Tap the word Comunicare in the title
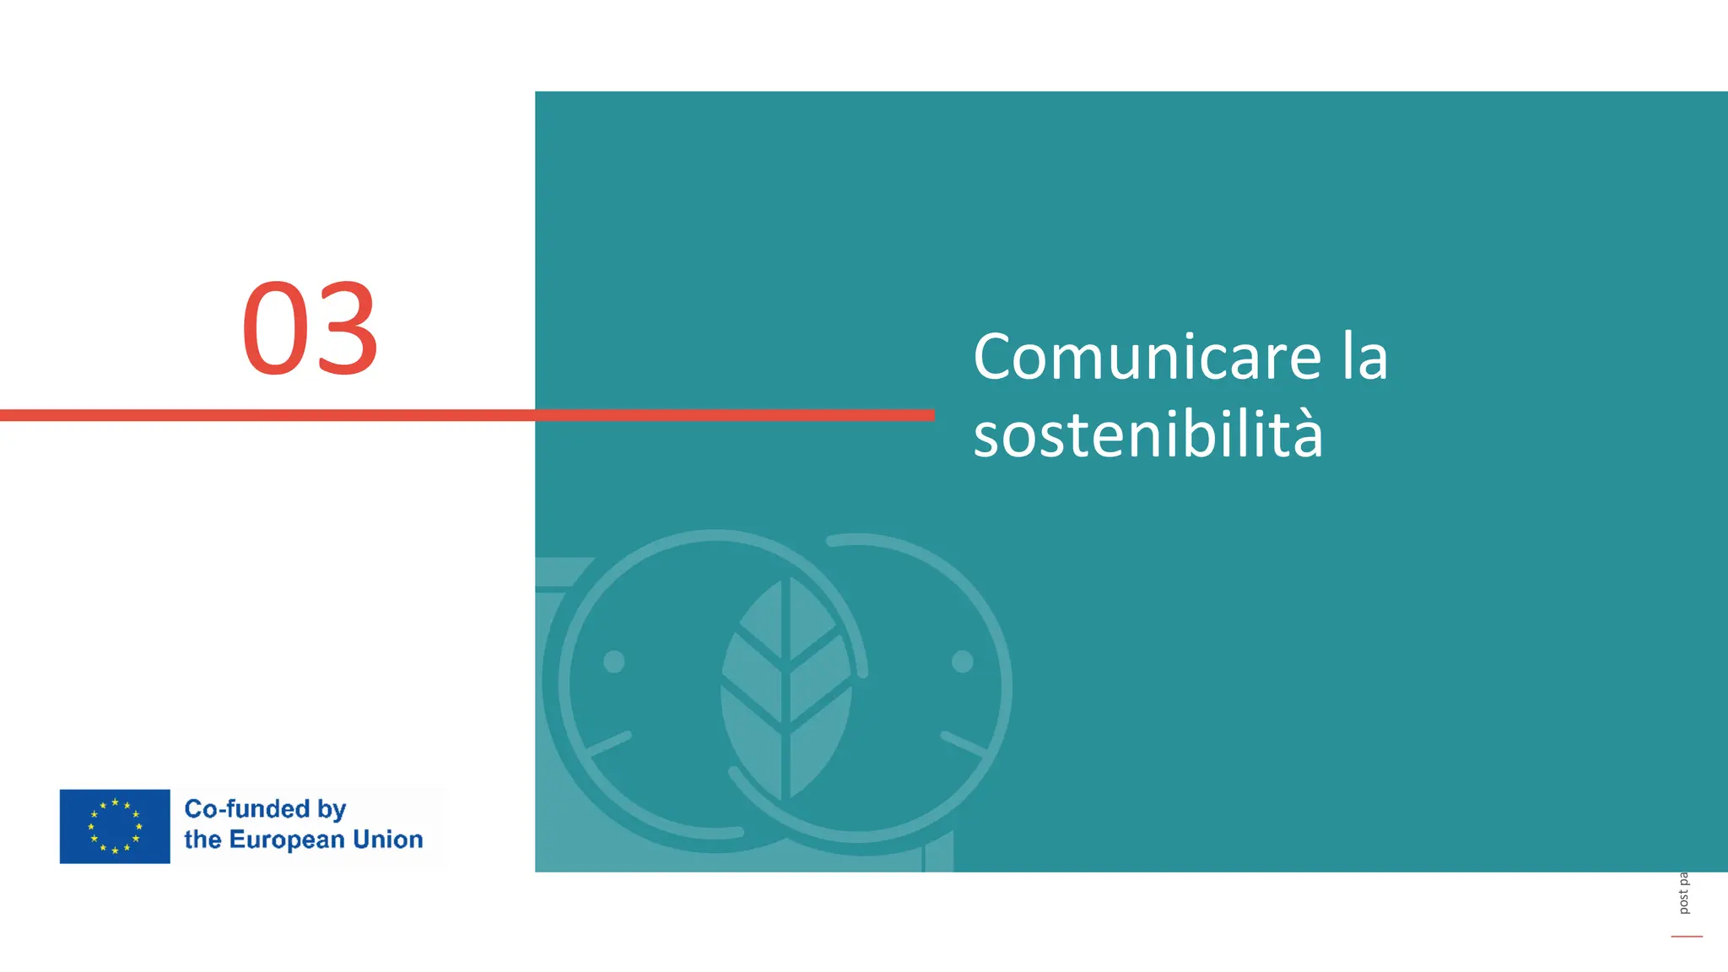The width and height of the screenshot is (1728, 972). click(1147, 357)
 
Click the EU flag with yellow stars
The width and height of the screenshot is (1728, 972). click(115, 826)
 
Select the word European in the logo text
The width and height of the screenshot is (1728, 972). click(287, 840)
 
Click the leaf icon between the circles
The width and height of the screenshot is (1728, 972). click(786, 688)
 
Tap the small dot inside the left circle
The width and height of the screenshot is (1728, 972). click(614, 661)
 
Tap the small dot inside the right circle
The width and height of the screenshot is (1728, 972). click(963, 661)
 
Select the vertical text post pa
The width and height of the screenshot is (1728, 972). click(1683, 893)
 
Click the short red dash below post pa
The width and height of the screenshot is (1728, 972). click(1687, 936)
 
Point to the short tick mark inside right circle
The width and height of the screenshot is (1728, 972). click(964, 742)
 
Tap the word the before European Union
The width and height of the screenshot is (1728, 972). click(202, 840)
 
